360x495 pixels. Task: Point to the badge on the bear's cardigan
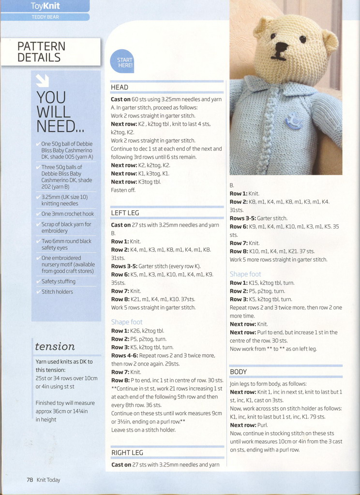(293, 120)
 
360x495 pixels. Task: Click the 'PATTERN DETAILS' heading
(41, 52)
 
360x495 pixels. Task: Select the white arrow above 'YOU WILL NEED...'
(43, 80)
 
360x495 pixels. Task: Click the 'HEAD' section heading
(120, 87)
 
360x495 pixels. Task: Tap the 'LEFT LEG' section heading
(125, 213)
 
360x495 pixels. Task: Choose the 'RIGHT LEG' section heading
(127, 452)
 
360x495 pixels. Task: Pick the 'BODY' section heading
(238, 372)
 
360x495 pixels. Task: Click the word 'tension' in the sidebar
(55, 346)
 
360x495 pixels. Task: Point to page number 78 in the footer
(30, 480)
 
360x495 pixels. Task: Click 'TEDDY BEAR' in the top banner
(45, 17)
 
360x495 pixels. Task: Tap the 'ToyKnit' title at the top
(45, 6)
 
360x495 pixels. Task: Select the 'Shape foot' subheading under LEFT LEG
(127, 322)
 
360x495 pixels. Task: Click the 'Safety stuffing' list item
(58, 281)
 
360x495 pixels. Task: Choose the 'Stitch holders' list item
(57, 292)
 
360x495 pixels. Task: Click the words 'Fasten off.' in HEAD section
(123, 190)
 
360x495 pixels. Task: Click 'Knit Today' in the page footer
(48, 480)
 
